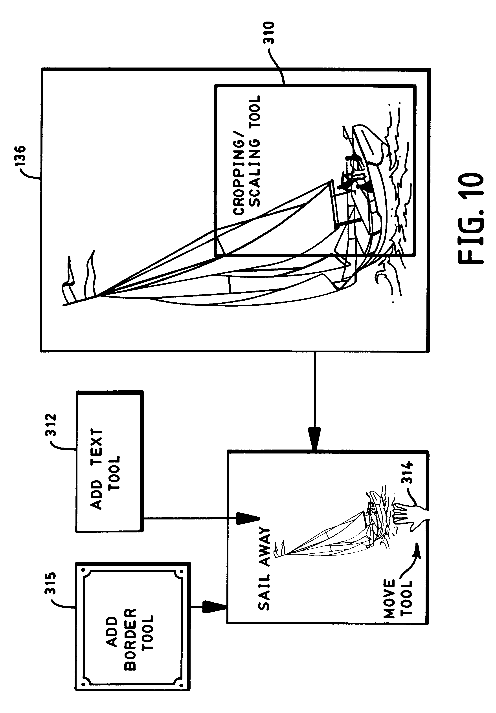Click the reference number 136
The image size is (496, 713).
pyautogui.click(x=24, y=158)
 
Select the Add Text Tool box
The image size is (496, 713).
pyautogui.click(x=109, y=461)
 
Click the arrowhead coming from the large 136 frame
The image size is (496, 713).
pyautogui.click(x=314, y=438)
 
